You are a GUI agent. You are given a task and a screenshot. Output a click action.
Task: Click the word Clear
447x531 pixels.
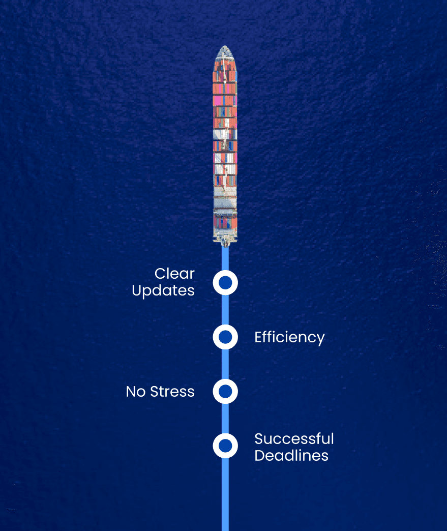click(x=174, y=274)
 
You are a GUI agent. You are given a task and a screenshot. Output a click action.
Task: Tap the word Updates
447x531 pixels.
click(x=163, y=290)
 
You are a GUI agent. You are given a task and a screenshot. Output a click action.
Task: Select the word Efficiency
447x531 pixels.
click(x=289, y=337)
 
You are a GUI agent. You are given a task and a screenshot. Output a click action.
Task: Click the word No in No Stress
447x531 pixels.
click(x=136, y=392)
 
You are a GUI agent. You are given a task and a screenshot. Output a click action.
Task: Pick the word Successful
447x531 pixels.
click(x=294, y=438)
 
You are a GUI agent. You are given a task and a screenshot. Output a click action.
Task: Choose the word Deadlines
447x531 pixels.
click(x=291, y=455)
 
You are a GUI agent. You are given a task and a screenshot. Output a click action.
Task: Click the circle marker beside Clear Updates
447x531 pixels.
click(x=225, y=282)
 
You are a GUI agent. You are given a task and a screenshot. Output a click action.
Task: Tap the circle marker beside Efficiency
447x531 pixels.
click(x=225, y=337)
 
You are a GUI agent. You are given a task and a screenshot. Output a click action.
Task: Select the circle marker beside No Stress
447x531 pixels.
click(x=225, y=391)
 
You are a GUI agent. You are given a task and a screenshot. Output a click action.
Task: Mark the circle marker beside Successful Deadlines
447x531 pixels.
click(x=225, y=446)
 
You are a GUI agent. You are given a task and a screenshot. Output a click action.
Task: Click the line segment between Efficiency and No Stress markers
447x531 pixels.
click(x=225, y=364)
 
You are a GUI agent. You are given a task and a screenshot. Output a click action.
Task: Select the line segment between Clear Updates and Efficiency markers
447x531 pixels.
click(x=225, y=310)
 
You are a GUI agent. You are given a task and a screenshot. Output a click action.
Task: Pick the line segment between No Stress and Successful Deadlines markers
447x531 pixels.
click(x=225, y=419)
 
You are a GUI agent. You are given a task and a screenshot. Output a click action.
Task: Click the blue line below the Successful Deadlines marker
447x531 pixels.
click(x=225, y=493)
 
